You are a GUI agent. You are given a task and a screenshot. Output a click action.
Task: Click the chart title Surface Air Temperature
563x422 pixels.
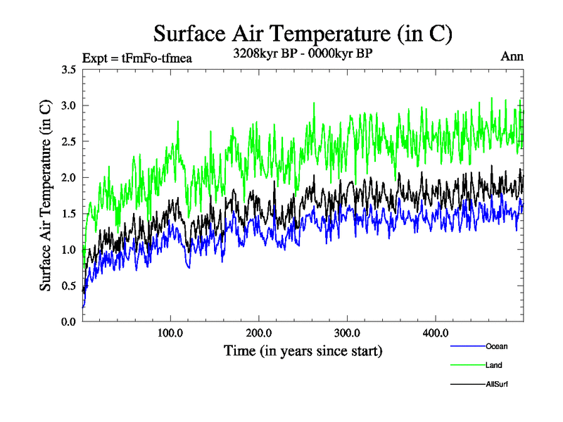302,33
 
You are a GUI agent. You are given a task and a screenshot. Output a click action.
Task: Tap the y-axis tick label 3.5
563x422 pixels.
69,70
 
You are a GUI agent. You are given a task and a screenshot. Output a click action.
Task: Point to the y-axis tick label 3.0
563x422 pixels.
69,105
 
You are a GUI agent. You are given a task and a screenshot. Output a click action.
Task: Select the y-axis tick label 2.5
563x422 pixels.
69,141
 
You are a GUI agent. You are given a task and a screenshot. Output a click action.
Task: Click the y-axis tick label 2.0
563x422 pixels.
69,177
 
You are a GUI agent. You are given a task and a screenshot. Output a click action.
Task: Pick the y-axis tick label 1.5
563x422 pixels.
69,213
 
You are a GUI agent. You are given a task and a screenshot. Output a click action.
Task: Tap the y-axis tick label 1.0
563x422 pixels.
69,250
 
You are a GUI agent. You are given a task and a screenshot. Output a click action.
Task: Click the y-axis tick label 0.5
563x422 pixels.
69,286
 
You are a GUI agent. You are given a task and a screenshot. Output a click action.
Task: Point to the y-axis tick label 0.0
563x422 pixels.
69,321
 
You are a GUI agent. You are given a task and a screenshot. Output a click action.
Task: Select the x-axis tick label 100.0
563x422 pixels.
170,333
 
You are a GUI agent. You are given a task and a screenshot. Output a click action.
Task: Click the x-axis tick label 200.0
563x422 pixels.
259,333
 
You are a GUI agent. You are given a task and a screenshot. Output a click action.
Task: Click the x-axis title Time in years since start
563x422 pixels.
303,350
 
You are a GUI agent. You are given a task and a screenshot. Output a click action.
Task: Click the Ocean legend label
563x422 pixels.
496,346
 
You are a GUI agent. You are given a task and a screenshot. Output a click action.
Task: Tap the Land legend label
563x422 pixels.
493,365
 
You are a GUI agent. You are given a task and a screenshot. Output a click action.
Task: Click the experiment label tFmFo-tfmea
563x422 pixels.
137,58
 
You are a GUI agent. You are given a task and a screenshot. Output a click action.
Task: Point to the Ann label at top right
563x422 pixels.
512,57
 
